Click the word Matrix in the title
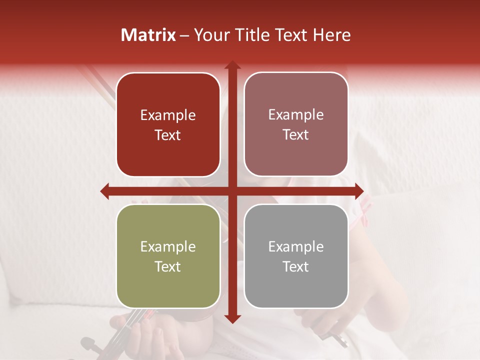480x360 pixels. point(148,35)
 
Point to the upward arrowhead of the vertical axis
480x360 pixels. point(232,65)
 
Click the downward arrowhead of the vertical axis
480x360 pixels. point(232,318)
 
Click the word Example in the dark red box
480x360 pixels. point(168,115)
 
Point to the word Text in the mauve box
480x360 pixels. point(296,135)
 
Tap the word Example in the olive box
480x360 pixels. point(168,247)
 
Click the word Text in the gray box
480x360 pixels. point(296,266)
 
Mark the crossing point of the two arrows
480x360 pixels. point(232,191)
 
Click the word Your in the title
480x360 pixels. point(210,35)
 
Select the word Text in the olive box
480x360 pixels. point(168,266)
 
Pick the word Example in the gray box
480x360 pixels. point(296,246)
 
